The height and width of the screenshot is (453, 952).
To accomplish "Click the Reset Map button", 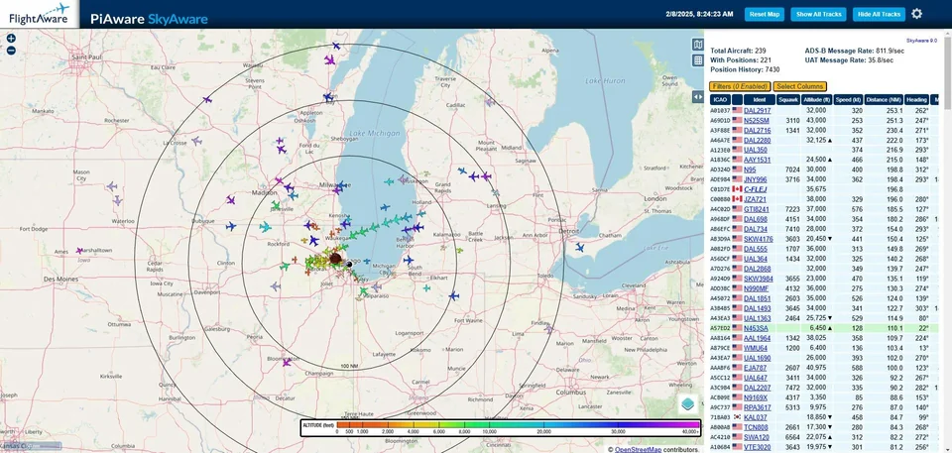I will point(765,14).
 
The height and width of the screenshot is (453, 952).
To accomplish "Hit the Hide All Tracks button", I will point(878,14).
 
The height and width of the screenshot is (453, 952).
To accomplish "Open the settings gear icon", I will point(917,14).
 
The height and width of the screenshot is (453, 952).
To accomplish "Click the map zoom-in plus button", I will point(11,39).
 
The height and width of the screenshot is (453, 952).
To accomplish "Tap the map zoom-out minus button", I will point(11,51).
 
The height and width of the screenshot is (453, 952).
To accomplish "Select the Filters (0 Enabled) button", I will point(740,86).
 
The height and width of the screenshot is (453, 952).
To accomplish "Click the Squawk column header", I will point(788,99).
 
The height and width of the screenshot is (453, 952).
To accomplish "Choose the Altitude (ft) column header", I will point(817,99).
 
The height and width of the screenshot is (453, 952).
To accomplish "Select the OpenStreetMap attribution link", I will point(646,449).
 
